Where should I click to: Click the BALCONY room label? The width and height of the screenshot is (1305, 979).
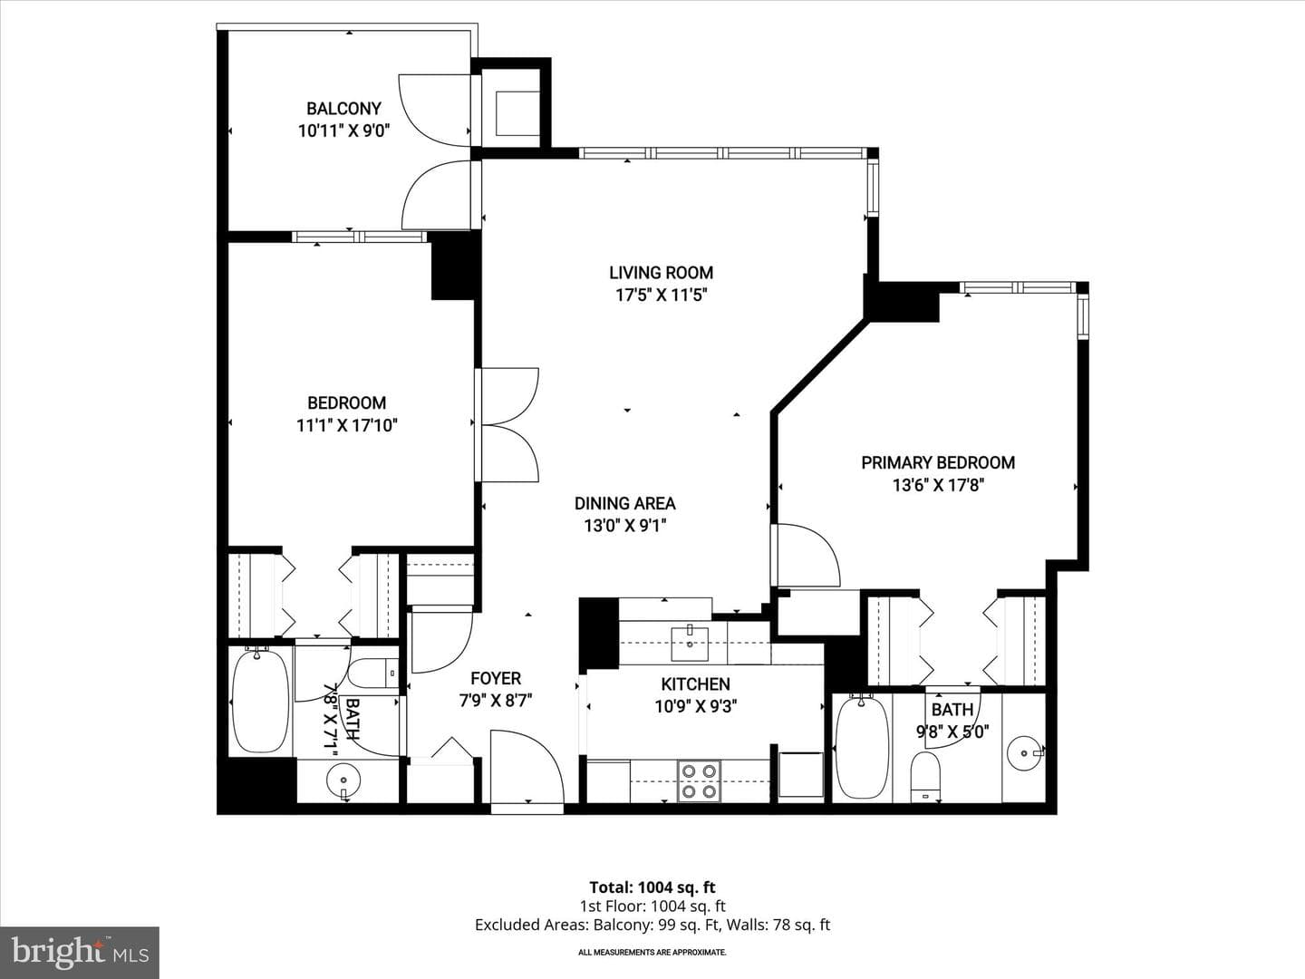pyautogui.click(x=343, y=109)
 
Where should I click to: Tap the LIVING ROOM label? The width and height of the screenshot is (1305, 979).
pyautogui.click(x=662, y=273)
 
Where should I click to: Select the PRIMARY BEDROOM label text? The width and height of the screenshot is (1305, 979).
pyautogui.click(x=938, y=462)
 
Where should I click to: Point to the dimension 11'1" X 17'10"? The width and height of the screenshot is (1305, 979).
pyautogui.click(x=346, y=426)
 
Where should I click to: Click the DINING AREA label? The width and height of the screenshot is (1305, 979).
pyautogui.click(x=624, y=503)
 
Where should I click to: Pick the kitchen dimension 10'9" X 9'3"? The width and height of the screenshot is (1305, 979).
pyautogui.click(x=696, y=707)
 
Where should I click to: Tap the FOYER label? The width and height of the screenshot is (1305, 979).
pyautogui.click(x=495, y=678)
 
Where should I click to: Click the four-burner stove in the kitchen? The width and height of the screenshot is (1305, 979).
pyautogui.click(x=699, y=781)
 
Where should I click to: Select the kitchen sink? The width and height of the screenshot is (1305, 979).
pyautogui.click(x=690, y=643)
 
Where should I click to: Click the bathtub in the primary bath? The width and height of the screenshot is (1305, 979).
pyautogui.click(x=862, y=747)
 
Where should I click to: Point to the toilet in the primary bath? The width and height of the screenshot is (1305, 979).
pyautogui.click(x=924, y=777)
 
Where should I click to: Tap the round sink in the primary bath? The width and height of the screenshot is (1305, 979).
pyautogui.click(x=1025, y=753)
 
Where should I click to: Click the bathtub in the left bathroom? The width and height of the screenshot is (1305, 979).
pyautogui.click(x=260, y=701)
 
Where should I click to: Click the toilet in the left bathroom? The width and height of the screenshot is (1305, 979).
pyautogui.click(x=373, y=674)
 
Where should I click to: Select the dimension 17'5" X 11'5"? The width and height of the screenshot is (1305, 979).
pyautogui.click(x=662, y=295)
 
